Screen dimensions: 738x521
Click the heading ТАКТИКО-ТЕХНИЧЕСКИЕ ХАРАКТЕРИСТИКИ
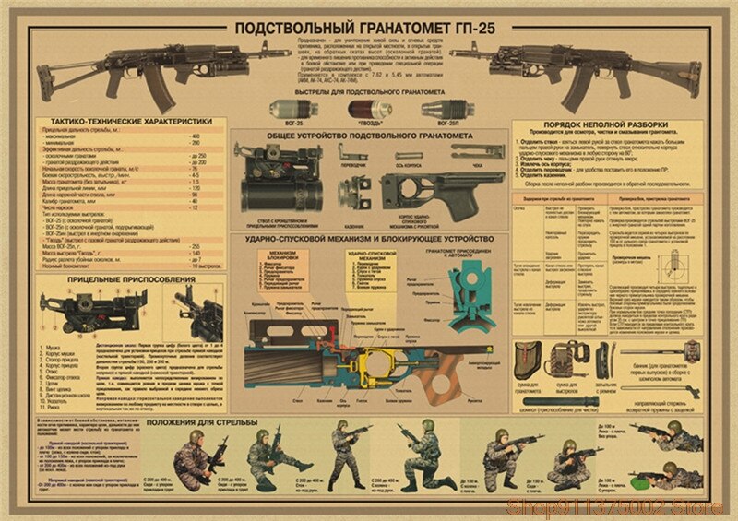point(125,121)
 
